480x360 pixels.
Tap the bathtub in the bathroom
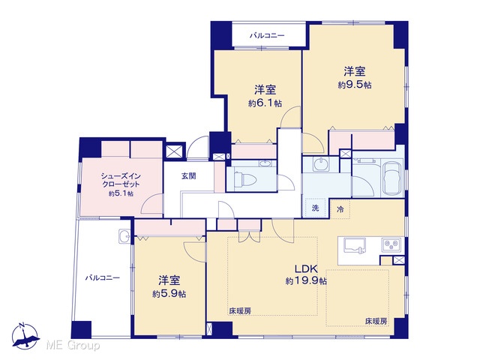[x=392, y=178]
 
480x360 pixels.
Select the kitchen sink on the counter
[x=355, y=245]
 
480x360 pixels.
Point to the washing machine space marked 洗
[x=316, y=208]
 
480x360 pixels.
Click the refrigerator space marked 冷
[x=340, y=209]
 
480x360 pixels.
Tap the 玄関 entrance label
[x=188, y=176]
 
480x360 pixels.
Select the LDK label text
[x=306, y=269]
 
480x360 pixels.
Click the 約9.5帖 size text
[x=355, y=85]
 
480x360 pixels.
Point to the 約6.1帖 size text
[x=265, y=103]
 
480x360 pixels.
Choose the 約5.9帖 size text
[x=169, y=294]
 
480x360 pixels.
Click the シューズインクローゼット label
[x=121, y=180]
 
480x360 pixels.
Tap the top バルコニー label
[x=267, y=36]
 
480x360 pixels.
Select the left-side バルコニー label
[x=103, y=278]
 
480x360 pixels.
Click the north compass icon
[x=25, y=336]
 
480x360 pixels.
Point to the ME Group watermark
[x=73, y=346]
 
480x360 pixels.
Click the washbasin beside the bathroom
[x=321, y=165]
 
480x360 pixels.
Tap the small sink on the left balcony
[x=124, y=236]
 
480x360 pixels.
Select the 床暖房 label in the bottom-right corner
[x=376, y=322]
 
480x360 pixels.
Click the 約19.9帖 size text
[x=306, y=280]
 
